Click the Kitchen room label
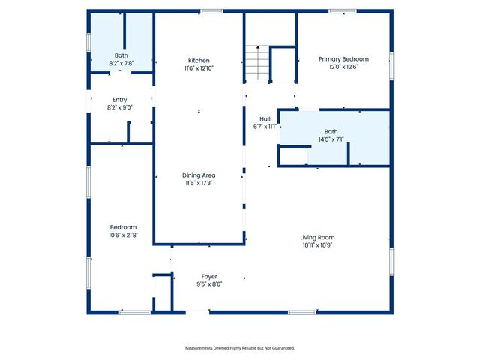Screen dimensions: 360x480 [x=199, y=60]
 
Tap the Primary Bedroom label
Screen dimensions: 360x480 [x=343, y=58]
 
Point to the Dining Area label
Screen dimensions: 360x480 [x=199, y=175]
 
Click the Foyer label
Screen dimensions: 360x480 [x=209, y=276]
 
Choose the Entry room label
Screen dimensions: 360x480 [x=120, y=100]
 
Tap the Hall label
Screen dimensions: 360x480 [x=265, y=118]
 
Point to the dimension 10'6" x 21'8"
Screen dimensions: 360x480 [x=124, y=235]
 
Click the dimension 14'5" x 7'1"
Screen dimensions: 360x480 [x=331, y=139]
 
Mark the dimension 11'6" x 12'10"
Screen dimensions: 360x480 [x=199, y=68]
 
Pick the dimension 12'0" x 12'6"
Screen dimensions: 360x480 [x=343, y=67]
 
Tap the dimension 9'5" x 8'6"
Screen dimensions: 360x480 [x=209, y=283]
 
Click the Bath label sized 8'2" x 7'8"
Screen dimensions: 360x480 [x=121, y=55]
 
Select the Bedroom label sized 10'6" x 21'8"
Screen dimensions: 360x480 [x=124, y=226]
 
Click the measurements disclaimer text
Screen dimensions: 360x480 [x=240, y=348]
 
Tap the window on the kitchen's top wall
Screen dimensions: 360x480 [x=211, y=10]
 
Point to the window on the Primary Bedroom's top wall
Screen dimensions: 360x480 [x=343, y=10]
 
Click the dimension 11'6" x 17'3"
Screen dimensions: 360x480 [x=199, y=183]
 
